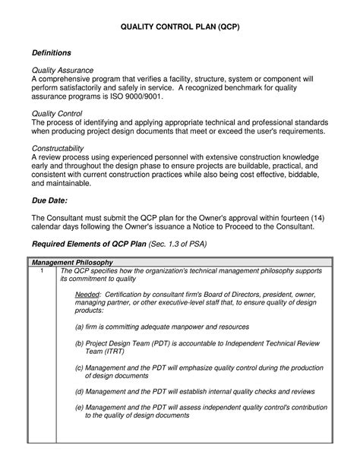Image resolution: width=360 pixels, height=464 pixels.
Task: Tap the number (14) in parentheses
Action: (x=321, y=217)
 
